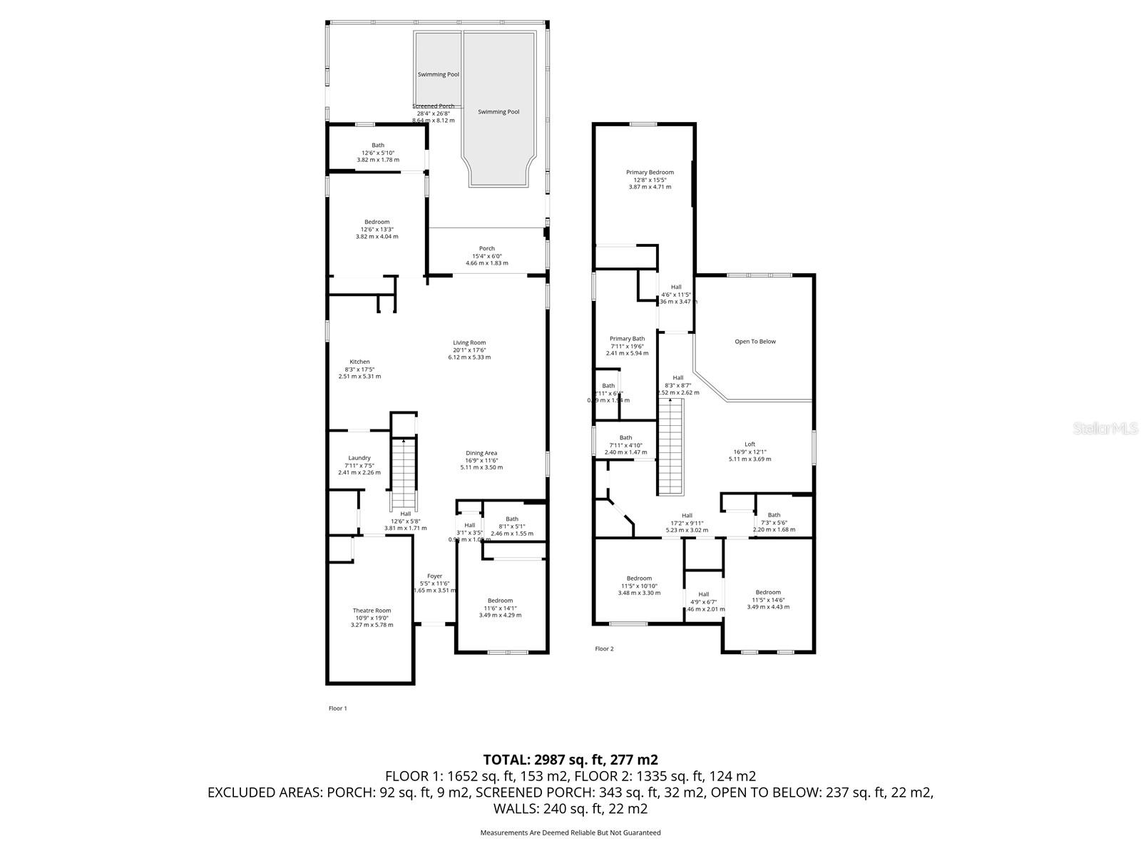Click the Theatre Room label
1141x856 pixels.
(372, 611)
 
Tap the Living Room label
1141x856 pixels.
(469, 342)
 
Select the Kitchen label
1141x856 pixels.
(359, 362)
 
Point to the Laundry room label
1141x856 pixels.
(359, 458)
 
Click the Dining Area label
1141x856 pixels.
(481, 453)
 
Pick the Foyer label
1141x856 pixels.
(434, 576)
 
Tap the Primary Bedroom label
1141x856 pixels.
(650, 172)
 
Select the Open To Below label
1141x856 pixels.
(755, 342)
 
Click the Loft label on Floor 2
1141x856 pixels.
(749, 444)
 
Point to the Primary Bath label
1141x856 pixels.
(627, 339)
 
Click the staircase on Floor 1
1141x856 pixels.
(404, 474)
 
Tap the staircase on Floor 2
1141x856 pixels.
(670, 447)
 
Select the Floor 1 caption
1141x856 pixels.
(337, 708)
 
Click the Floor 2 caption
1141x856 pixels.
(604, 648)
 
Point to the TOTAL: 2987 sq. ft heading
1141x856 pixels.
(570, 759)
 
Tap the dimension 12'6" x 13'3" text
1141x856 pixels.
(377, 229)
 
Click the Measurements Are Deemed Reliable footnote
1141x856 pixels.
(570, 832)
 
